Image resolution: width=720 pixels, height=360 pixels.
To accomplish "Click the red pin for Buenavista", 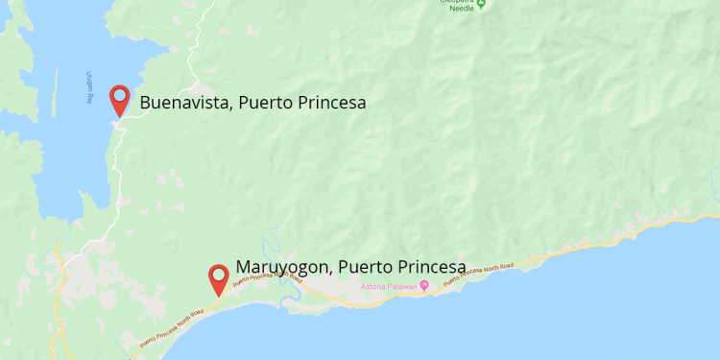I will (x=120, y=98).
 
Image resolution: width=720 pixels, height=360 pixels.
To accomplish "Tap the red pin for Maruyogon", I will (x=219, y=277).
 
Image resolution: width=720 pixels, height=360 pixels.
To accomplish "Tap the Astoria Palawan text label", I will (x=387, y=285).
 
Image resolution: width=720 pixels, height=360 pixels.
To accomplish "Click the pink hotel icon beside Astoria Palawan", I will (x=423, y=285).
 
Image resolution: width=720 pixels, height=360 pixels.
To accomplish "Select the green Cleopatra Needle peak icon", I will (x=482, y=3).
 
